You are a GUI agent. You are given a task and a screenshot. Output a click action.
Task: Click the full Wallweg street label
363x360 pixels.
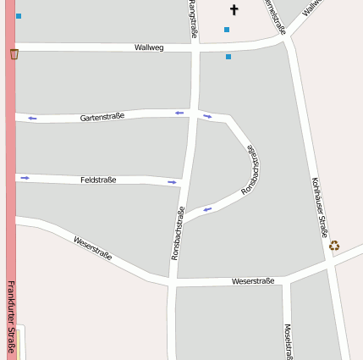click(x=148, y=47)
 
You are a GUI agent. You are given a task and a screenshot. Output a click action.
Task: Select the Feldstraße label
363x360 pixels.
click(x=98, y=180)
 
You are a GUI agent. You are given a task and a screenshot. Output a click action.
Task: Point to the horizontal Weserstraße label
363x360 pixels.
click(x=252, y=280)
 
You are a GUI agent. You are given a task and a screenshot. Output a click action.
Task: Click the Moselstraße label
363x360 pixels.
click(x=288, y=342)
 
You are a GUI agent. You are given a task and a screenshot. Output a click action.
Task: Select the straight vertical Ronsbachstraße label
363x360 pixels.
click(x=178, y=232)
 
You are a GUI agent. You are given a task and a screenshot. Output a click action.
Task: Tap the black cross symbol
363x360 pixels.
click(x=234, y=10)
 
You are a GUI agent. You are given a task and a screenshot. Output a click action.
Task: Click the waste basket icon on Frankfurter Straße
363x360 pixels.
click(x=14, y=54)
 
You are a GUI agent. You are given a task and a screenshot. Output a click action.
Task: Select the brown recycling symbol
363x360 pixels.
click(x=334, y=246)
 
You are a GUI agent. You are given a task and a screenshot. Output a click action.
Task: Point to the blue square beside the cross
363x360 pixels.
click(x=227, y=30)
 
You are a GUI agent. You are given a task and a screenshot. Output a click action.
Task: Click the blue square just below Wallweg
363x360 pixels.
click(x=228, y=57)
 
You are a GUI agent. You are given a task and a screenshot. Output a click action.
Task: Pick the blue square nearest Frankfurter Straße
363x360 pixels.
click(x=19, y=16)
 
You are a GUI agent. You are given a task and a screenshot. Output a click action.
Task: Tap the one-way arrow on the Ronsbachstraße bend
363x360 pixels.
click(x=207, y=208)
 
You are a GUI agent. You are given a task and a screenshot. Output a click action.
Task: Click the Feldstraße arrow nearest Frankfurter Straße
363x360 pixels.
click(x=25, y=178)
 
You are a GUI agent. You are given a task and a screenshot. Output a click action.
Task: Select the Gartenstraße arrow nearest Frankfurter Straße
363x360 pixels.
click(x=32, y=118)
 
